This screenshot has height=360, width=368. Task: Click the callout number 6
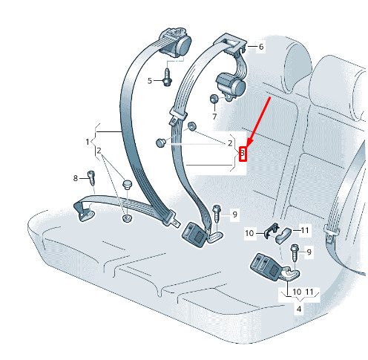coord(261,47)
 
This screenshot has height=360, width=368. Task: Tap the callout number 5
coord(150,81)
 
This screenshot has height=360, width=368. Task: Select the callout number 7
coord(214,117)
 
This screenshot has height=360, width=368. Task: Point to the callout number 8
coord(76,178)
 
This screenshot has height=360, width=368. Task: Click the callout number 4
coord(299,309)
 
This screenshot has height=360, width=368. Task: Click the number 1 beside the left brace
coord(88,142)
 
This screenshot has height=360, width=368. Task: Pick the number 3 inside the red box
coord(243,153)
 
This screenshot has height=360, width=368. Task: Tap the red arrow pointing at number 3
coord(259,122)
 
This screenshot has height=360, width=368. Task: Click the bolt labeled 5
coord(168,77)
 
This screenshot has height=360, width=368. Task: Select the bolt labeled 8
coord(91,177)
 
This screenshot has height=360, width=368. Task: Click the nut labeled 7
coord(214,99)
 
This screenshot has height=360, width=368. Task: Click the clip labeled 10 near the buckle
coord(272,231)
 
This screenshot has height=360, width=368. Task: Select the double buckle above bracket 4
coord(266,266)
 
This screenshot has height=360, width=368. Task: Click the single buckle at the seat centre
coord(194,234)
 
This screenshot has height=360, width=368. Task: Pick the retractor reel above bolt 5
coord(175,43)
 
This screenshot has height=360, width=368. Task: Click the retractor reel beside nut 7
coord(231,85)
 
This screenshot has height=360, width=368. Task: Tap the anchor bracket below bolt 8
coord(84,212)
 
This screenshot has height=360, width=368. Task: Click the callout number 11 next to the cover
coord(305,230)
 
